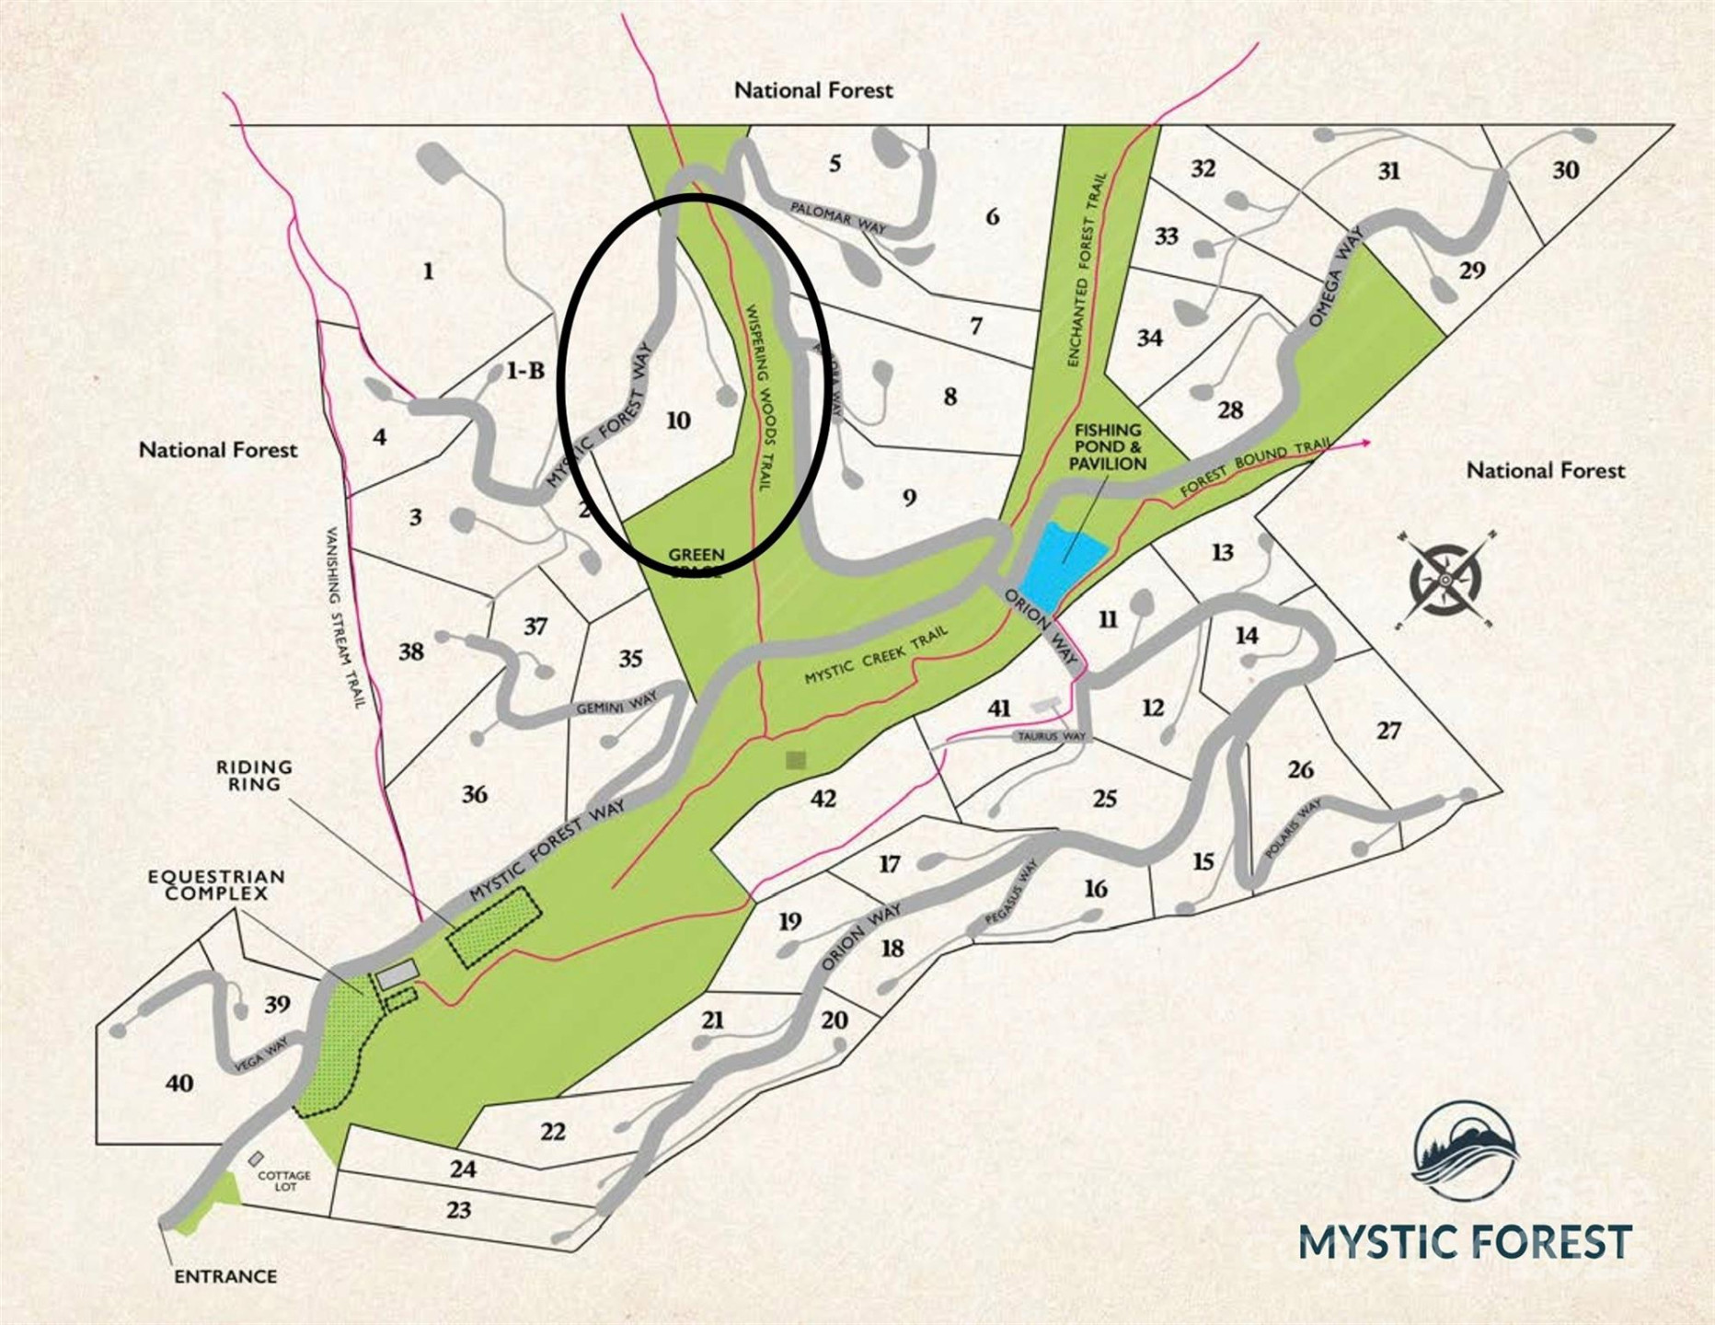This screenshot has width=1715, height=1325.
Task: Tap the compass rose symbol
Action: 1445,580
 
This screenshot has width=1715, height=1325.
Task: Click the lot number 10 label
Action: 678,421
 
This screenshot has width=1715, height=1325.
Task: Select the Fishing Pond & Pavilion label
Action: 1108,447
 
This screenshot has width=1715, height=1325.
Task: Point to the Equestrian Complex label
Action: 216,885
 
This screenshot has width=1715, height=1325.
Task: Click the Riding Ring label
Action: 254,776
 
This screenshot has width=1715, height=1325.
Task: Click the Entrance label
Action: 225,1276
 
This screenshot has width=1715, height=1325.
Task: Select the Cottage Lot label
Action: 284,1181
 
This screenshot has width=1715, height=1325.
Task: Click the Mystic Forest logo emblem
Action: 1465,1151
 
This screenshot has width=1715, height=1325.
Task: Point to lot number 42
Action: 823,798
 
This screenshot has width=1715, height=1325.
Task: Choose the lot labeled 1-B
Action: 525,371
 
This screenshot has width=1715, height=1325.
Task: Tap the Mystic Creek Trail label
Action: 876,656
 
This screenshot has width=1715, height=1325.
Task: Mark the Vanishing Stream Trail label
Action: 346,616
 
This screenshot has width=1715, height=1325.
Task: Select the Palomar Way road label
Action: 837,217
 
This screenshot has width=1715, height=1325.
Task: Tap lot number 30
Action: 1565,170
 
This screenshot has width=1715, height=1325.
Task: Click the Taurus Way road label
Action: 1051,737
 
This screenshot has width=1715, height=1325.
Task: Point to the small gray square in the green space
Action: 796,760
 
